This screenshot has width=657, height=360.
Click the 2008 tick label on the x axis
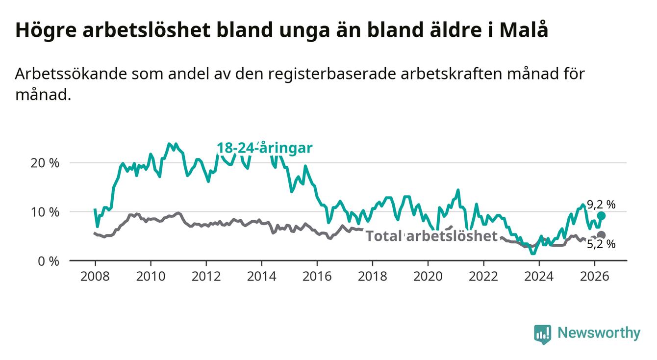(95, 277)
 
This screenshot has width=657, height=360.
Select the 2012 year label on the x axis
(206, 277)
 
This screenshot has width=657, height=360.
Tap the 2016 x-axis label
(317, 277)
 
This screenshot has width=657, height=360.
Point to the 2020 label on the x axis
(428, 277)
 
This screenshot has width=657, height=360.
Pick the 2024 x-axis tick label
(539, 277)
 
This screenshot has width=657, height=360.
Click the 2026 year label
(595, 277)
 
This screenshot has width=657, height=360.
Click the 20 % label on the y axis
(45, 163)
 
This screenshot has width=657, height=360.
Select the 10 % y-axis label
(45, 212)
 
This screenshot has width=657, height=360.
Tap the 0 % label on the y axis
(49, 261)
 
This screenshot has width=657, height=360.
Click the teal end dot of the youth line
(601, 216)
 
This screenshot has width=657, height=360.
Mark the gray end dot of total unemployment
(601, 235)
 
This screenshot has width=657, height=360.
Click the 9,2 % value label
(601, 205)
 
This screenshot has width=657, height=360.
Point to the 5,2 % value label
(601, 244)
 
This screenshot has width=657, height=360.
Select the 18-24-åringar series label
(265, 148)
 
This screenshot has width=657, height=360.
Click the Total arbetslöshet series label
(431, 236)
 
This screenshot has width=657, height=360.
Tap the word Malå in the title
(524, 30)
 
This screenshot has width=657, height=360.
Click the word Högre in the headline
(46, 30)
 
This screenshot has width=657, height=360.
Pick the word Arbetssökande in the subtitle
(71, 74)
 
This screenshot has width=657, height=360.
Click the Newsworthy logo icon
(543, 334)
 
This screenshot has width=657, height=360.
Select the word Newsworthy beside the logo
(599, 333)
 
